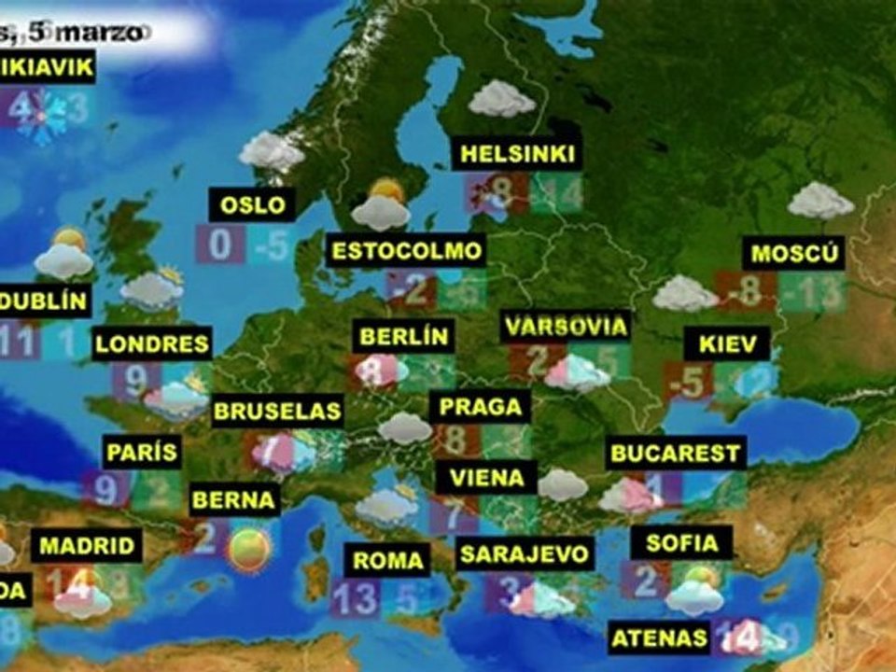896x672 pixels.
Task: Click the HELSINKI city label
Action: coord(517,154)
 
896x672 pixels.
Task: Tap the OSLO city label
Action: coord(253,204)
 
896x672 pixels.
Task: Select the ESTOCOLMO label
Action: coord(408,251)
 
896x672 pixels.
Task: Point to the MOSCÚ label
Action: coord(797,254)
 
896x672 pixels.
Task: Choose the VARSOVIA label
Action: coord(565,328)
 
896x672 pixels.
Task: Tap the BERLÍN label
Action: coord(403,336)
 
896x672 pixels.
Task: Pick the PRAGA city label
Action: coord(480,407)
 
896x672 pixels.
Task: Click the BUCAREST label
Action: coord(676,455)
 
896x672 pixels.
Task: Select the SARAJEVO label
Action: coord(525,553)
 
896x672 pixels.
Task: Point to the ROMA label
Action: coord(387,561)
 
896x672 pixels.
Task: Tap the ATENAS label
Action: coord(659,638)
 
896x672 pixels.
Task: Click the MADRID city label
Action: coord(87,546)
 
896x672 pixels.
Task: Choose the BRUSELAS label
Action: coord(278,412)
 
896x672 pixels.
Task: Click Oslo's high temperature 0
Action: coord(220,245)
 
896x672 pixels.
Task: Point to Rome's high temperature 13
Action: coord(355,598)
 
